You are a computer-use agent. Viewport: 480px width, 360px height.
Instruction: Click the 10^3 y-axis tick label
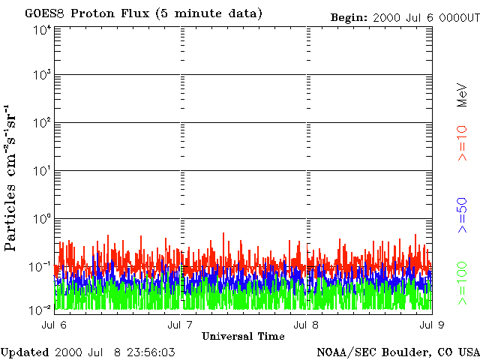tap(41, 75)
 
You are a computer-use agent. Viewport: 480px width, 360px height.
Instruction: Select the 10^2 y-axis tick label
tap(41, 123)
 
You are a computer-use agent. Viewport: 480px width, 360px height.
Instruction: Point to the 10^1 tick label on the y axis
tap(41, 171)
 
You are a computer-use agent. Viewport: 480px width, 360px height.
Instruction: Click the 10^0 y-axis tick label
tap(41, 219)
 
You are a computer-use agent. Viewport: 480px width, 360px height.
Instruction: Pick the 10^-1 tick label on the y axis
tap(40, 266)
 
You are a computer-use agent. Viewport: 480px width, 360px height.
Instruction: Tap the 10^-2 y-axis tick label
tap(40, 310)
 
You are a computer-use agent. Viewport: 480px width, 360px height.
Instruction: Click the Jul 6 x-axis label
tap(53, 324)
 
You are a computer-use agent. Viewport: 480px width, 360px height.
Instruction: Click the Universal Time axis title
tap(243, 335)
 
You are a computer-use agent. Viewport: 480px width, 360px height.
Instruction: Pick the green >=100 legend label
tap(463, 281)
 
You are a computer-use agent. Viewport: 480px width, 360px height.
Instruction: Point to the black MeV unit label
tap(463, 96)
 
